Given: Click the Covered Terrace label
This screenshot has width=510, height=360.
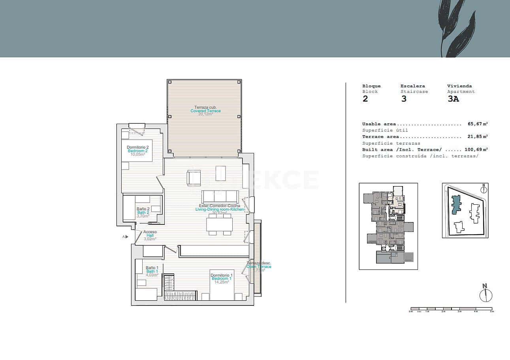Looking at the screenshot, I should pos(205,111).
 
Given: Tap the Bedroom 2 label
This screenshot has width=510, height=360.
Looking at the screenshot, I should pos(137,151).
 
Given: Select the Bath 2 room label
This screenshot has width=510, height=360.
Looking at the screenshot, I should pos(143,212).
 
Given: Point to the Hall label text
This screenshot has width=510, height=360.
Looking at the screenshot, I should pos(150,236).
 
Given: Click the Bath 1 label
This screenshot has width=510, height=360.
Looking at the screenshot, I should pos(152,271).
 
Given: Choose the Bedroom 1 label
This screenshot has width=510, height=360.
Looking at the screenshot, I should pos(222,279).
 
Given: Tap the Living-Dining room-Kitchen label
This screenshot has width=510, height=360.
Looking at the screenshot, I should pos(220,209).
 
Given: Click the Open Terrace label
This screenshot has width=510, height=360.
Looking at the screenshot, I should pos(259,266).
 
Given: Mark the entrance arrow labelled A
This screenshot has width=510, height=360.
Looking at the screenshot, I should pos(126,237).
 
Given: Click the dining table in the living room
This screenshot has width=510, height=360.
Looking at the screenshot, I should pos(219,224).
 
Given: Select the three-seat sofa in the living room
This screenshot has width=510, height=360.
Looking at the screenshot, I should pos(220,196).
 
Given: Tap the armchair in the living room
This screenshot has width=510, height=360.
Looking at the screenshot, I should pos(194,177).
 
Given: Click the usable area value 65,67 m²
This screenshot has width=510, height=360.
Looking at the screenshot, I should pos(477,124).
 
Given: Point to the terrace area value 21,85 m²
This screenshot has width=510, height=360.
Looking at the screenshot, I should pos(477,137).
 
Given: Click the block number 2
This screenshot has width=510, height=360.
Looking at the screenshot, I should pos(365,99).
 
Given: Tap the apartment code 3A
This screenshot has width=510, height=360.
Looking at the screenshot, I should pos(453,99).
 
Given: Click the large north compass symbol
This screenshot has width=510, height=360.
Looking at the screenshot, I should pos(486,294).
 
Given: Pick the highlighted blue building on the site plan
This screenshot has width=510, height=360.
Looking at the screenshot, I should pos(456,204).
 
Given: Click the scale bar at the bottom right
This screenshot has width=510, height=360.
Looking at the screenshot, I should pos(451,309).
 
